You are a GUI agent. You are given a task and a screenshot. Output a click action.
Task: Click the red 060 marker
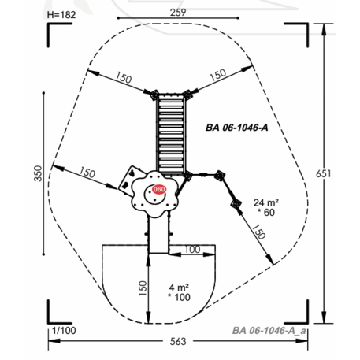[x=159, y=189]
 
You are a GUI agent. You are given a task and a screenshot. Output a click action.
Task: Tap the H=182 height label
[x=61, y=15]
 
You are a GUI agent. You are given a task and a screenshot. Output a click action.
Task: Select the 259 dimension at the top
[x=178, y=12]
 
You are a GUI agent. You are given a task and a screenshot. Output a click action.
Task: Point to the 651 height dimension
[x=323, y=173]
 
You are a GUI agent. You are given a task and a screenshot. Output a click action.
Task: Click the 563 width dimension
[x=178, y=341]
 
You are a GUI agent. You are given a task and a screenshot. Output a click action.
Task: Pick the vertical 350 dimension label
[x=39, y=173]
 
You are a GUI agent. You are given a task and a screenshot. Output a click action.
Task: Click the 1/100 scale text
[x=64, y=331]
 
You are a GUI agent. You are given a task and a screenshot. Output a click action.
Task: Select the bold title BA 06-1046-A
[x=237, y=128]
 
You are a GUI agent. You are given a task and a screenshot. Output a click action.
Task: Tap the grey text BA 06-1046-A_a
[x=269, y=331]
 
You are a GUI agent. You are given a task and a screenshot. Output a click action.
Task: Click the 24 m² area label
[x=266, y=202]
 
